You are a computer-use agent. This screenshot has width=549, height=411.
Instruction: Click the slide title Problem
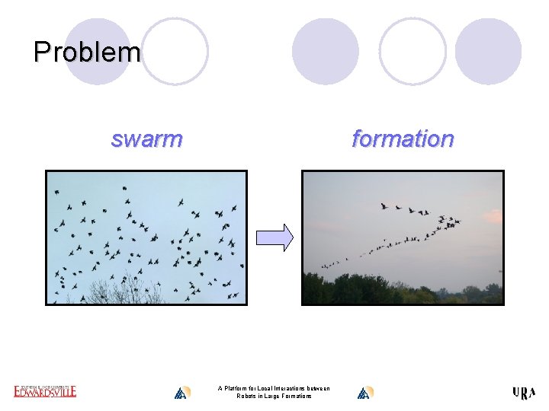click(87, 52)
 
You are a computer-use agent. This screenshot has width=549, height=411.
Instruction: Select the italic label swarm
click(146, 139)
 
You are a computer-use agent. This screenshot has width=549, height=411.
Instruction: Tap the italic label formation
click(402, 139)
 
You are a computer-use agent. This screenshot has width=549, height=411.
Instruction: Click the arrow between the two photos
click(274, 237)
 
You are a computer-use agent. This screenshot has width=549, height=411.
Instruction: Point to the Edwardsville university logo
click(45, 391)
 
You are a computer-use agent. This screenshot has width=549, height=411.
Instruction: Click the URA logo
click(524, 393)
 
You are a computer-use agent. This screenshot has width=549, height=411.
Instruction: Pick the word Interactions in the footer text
click(286, 388)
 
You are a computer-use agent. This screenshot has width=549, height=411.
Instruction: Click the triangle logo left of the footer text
click(181, 393)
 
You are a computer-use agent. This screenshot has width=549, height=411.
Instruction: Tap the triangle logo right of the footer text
click(364, 393)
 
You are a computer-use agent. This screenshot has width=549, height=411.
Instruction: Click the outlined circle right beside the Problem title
click(175, 51)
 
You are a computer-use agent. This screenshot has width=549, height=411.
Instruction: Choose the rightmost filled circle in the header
click(488, 51)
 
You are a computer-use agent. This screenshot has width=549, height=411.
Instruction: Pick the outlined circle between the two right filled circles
click(413, 51)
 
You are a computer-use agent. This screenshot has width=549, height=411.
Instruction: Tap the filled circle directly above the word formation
click(326, 51)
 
